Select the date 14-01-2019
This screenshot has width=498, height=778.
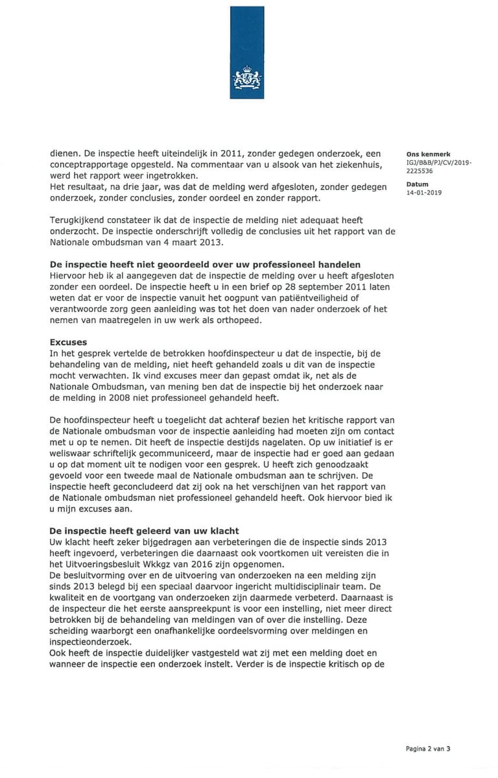(424, 193)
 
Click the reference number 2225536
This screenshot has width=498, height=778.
(420, 172)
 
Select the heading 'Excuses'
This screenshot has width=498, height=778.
(68, 341)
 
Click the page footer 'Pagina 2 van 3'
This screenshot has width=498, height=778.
(428, 748)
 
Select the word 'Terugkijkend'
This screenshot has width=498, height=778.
(78, 221)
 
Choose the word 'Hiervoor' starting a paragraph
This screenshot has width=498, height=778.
(69, 275)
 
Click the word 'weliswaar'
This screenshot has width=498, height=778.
(69, 453)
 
